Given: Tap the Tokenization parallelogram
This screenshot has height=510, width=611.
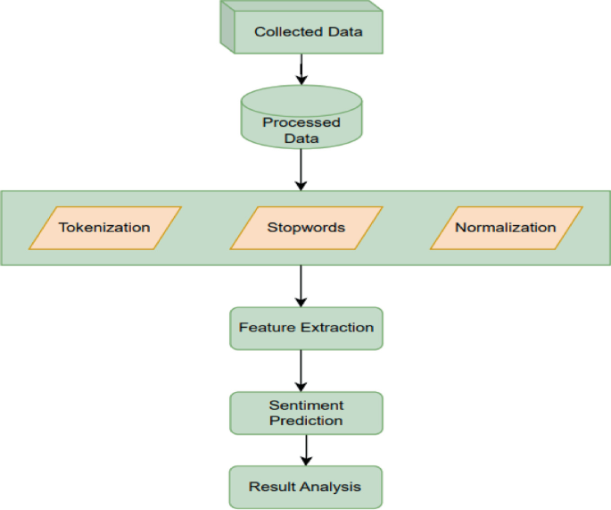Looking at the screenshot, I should [105, 227].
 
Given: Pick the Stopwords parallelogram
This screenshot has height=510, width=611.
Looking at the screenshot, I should [306, 227].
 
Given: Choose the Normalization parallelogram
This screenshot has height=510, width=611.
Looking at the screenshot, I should [506, 227].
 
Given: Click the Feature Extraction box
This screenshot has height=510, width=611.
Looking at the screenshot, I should [306, 328].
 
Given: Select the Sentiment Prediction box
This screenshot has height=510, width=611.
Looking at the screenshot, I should [306, 413].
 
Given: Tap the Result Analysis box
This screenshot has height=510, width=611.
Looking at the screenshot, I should [306, 487].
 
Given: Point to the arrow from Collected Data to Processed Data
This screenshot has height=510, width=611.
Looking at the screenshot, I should [301, 69].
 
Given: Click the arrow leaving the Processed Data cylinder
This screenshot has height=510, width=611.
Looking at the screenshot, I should [301, 170].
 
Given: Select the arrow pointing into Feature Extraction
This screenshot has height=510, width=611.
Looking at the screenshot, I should [301, 286].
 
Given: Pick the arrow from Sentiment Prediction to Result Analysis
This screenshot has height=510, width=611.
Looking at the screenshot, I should [306, 449].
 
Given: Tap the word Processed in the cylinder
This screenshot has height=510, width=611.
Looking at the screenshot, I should [301, 123].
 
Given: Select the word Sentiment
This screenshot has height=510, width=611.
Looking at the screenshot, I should [306, 405].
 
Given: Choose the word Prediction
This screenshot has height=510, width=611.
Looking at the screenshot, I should [306, 421].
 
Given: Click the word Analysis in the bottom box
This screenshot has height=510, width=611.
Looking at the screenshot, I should [332, 487].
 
